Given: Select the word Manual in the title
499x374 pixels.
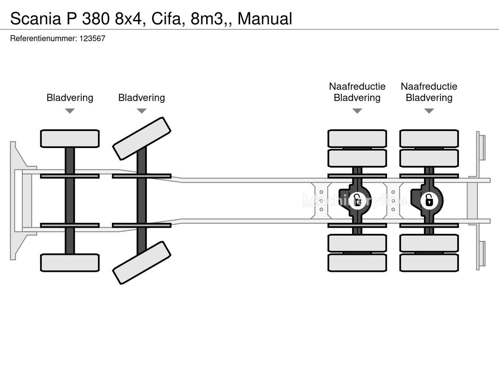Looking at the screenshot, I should (265, 18).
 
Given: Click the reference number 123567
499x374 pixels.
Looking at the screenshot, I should (92, 39).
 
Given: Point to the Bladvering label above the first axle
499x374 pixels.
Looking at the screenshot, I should (70, 98).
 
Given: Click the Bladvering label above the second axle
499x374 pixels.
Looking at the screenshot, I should (142, 98).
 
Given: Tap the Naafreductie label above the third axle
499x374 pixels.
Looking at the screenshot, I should (357, 86).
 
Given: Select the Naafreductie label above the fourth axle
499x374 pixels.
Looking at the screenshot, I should (429, 86).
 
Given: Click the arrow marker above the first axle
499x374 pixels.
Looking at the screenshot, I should (70, 111).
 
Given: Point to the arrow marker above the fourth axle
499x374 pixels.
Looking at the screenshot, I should (429, 111).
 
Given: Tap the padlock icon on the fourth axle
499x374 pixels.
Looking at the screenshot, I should (428, 201).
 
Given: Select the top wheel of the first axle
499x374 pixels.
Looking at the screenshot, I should (70, 139).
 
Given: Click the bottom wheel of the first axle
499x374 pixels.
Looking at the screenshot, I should (70, 263).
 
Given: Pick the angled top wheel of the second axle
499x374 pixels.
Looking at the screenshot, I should (142, 138).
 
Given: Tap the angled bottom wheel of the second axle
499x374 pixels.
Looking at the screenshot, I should (142, 263).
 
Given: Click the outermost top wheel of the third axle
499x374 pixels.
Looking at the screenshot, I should (357, 139).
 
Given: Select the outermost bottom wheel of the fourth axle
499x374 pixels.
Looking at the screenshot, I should (429, 263).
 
